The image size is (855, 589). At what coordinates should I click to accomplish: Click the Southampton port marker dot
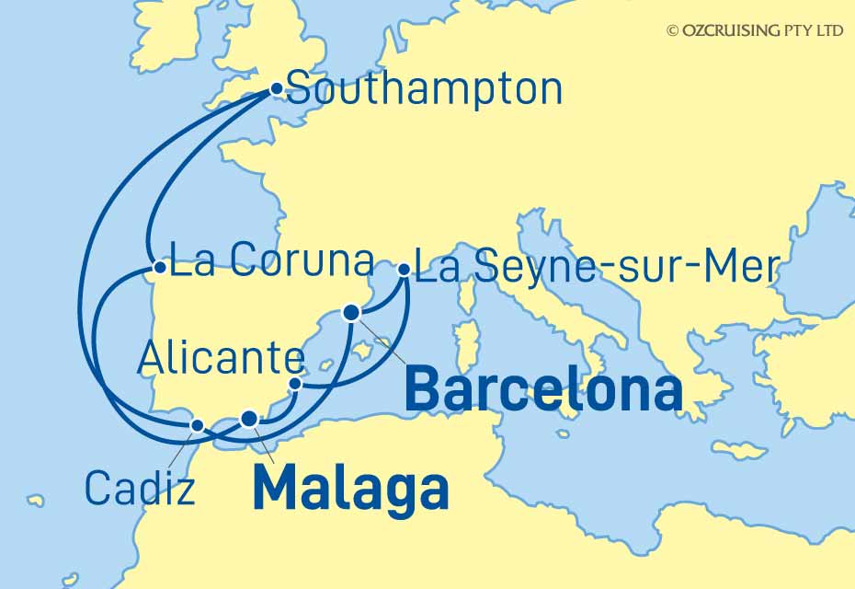(x=277, y=89)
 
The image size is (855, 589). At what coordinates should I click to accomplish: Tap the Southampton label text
(x=424, y=90)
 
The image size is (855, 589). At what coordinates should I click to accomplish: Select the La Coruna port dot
(x=160, y=268)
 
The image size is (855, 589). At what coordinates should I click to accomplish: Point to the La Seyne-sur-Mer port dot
(x=404, y=270)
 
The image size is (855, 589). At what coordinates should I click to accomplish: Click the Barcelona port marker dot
(x=350, y=313)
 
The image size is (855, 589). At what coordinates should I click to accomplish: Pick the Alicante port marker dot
(x=295, y=383)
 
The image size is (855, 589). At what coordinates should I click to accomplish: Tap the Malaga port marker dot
(x=249, y=419)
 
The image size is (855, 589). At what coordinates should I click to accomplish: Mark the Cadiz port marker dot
(x=197, y=424)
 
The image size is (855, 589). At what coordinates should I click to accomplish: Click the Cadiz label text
(x=140, y=488)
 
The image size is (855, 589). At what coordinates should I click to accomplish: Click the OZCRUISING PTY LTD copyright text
(x=755, y=30)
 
